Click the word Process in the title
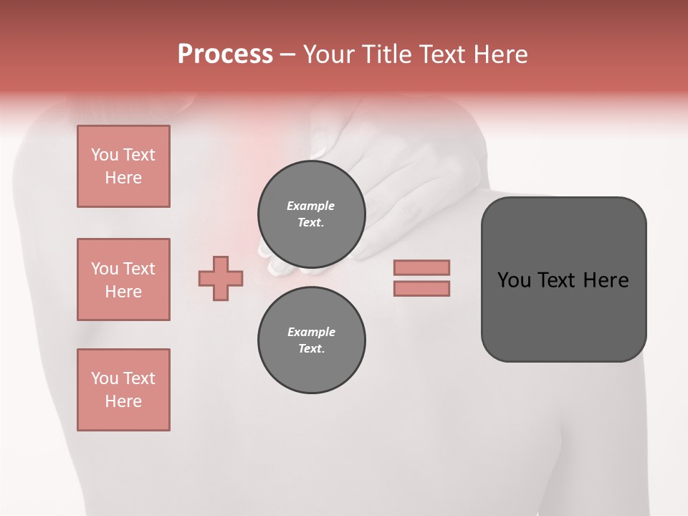tap(225, 54)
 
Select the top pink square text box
tap(123, 166)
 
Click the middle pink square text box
tap(123, 279)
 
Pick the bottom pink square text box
tap(123, 390)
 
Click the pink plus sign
tap(221, 278)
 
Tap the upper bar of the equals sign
tap(422, 267)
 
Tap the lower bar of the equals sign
tap(422, 289)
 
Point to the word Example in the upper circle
tap(311, 206)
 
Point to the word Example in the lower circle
tap(311, 332)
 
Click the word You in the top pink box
tap(104, 155)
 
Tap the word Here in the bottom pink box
tap(123, 401)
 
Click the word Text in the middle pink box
tap(139, 269)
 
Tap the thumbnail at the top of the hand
tap(318, 152)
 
